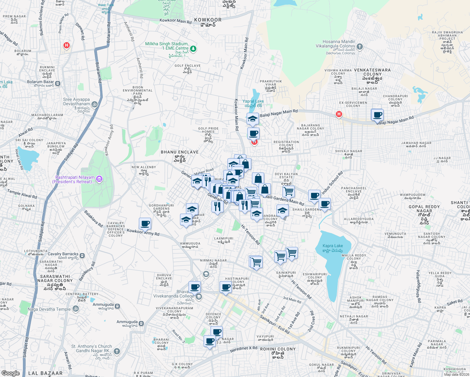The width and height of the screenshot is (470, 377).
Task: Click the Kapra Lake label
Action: coord(333,246)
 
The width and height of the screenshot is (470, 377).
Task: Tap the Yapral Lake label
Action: coord(253,101)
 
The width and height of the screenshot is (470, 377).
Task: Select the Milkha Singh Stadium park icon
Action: coord(193,48)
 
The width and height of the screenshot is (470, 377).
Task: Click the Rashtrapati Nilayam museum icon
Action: coord(99,179)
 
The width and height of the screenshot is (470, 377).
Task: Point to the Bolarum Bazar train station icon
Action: coord(58,84)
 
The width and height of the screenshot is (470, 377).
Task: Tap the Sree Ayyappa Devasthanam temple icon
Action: coord(94,104)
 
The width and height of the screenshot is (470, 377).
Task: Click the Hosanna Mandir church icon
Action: coord(360,46)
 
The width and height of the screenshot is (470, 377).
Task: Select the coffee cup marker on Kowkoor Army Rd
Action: coord(145,224)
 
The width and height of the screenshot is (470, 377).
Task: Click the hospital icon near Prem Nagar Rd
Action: coord(66,45)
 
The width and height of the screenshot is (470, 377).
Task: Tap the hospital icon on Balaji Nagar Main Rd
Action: coord(339,114)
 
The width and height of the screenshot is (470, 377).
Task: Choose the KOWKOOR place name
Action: coord(208,20)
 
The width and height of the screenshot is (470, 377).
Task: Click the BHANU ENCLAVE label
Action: coord(180,152)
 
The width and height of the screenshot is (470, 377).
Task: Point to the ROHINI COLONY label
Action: coord(278,349)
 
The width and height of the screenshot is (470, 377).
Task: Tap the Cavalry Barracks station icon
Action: coord(82,255)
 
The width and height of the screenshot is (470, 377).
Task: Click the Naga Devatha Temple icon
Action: coord(75,309)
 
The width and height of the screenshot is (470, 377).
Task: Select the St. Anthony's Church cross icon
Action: coord(117,351)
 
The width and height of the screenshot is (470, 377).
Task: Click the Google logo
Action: coord(10,373)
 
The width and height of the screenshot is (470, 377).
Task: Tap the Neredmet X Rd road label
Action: coord(243,349)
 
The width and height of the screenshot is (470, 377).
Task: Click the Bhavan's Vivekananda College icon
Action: coord(199,297)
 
